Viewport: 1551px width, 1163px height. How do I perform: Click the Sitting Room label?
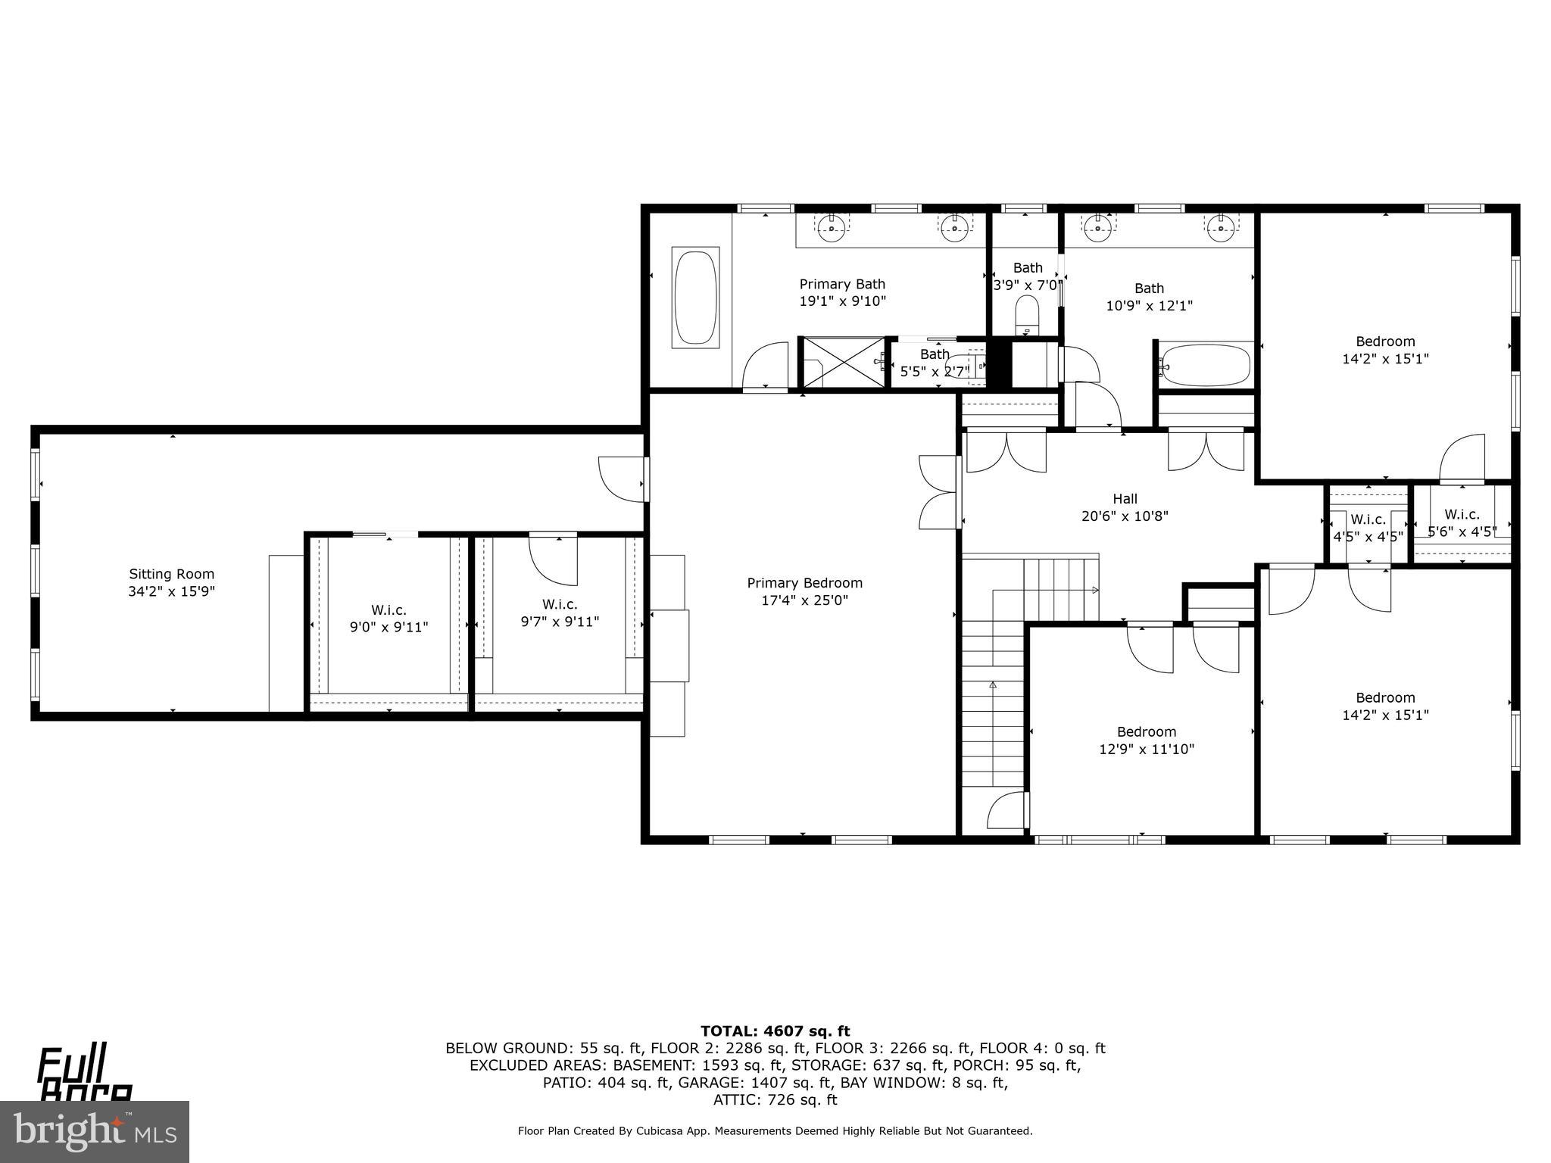coord(171,574)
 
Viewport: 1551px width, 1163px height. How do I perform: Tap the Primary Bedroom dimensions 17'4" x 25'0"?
coord(804,600)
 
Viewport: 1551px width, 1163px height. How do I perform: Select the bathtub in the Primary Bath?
coord(695,298)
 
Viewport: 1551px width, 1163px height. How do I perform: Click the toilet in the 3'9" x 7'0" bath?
coord(1027,314)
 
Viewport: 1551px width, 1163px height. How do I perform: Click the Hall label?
coord(1125,499)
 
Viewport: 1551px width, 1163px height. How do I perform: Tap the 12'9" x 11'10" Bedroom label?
coord(1147,732)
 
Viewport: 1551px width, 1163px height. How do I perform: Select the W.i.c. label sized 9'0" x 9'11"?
coord(389,610)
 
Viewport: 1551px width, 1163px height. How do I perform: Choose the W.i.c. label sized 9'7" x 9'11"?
coord(560,604)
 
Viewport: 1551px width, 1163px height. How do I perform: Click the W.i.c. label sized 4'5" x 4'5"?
coord(1368,519)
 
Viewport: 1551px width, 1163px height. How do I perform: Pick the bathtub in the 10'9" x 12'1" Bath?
coord(1205,365)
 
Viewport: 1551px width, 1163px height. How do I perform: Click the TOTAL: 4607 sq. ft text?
coord(775,1031)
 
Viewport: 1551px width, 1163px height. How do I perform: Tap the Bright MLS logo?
coord(95,1131)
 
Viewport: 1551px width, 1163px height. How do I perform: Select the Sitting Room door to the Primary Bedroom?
coord(623,479)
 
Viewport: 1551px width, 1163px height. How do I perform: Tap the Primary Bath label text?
coord(842,285)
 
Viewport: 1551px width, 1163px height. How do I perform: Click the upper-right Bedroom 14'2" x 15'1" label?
coord(1385,341)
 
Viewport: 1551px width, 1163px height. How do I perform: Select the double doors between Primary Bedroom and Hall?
coord(939,491)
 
